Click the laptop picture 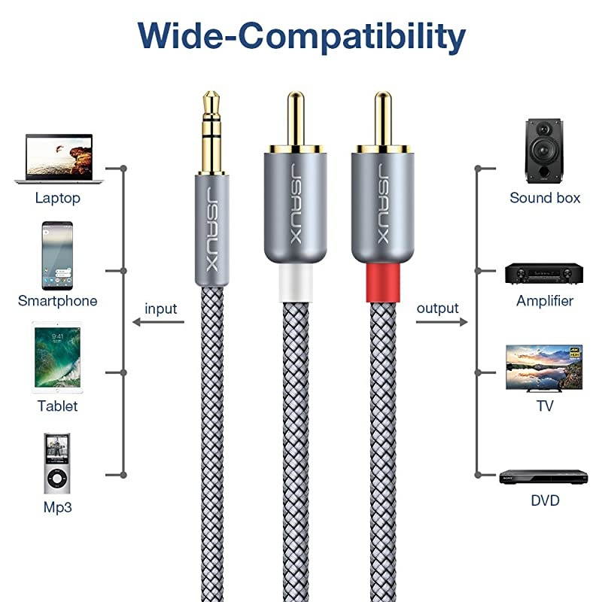pos(59,159)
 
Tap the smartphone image pos(57,256)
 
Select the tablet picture pos(57,358)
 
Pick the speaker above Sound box pos(543,150)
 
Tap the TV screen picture pos(544,367)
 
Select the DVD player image pos(543,476)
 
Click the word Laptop pos(57,199)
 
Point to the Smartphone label pos(57,301)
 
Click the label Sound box pos(545,198)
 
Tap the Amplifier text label pos(545,301)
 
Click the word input pos(160,309)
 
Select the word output pos(437,308)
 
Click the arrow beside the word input pos(158,323)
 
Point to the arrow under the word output pos(441,323)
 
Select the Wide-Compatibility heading pos(301,35)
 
